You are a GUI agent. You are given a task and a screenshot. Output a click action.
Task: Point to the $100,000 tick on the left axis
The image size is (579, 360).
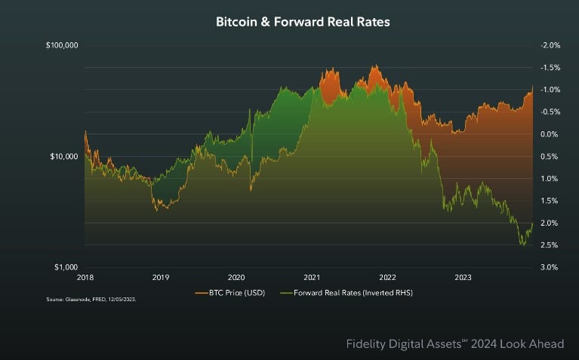coord(63,45)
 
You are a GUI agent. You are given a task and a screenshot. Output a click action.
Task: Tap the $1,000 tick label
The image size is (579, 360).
coord(66,267)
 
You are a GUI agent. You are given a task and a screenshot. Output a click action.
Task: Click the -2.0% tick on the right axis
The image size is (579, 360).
coord(550,45)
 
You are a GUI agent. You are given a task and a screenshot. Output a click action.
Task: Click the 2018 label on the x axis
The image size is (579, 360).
coord(86,277)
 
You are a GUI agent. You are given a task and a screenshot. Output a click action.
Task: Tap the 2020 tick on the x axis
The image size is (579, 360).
coord(236,277)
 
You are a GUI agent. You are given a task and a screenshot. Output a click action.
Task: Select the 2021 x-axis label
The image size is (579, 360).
coord(312,277)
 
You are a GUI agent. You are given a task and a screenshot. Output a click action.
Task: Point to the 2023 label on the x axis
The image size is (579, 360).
coord(463,277)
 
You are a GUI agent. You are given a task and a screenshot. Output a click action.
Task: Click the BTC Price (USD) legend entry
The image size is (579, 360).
coord(230,291)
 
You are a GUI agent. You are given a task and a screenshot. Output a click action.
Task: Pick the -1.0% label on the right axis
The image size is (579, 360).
coord(550,90)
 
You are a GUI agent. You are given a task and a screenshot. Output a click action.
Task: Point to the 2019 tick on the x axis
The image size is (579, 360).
coord(161,277)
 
